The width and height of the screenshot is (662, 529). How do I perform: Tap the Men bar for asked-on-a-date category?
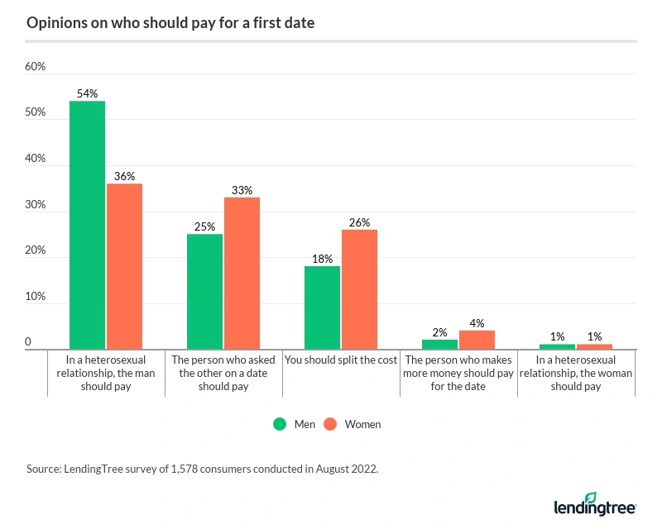[204, 292]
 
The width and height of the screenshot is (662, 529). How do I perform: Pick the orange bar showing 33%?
[242, 274]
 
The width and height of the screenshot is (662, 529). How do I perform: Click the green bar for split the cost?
[322, 308]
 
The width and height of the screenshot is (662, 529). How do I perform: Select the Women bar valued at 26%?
[359, 289]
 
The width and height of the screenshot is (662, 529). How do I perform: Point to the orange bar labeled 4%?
[477, 341]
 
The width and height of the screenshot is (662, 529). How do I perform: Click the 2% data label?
[439, 332]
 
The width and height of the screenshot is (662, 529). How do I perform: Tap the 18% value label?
[322, 259]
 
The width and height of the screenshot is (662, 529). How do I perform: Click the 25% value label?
[204, 226]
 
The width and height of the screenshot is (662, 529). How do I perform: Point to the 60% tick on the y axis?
[36, 67]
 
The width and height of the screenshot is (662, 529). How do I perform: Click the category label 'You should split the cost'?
[341, 360]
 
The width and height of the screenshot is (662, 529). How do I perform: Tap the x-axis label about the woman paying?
[576, 373]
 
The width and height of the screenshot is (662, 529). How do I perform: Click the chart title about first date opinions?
[170, 23]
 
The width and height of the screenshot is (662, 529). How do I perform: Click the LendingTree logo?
[593, 503]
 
